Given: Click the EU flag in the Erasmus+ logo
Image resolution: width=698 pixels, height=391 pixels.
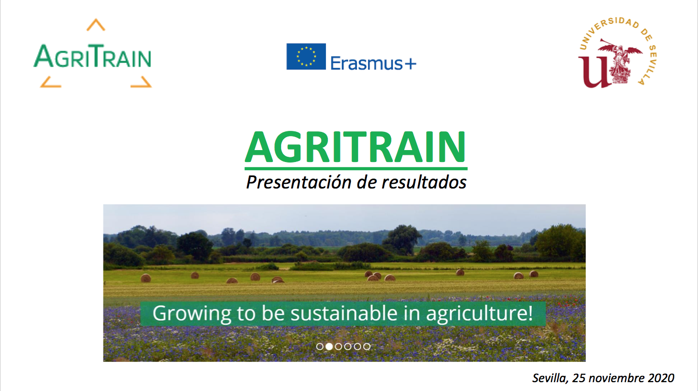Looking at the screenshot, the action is coord(306,57).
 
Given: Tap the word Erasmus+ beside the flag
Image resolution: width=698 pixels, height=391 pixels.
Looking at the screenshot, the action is coord(373,63).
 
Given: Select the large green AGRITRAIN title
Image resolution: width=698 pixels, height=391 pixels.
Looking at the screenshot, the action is coord(356,147).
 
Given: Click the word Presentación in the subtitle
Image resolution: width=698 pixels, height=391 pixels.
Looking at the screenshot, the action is coord(299,182).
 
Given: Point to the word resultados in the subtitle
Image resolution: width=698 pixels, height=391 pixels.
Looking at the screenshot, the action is coord(424,182).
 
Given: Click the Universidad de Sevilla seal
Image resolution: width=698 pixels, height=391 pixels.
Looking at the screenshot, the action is coord(617,53).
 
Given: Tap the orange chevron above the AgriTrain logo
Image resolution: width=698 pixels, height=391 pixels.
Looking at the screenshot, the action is coord(96,24).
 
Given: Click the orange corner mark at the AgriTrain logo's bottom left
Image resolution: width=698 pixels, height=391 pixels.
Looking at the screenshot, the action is coord(50,82).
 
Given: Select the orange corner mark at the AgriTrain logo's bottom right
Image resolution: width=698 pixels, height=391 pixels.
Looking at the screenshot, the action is coord(141,82).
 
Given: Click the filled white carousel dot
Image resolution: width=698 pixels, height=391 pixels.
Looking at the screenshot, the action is coord(329,346).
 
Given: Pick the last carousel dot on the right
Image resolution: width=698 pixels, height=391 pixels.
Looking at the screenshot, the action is coord(367,346).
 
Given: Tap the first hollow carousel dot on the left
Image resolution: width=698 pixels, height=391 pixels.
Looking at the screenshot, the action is coord(320,346).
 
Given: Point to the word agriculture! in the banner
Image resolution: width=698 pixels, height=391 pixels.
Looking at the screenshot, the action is coord(479,314).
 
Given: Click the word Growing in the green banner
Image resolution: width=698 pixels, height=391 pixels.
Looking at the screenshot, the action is coord(192,314).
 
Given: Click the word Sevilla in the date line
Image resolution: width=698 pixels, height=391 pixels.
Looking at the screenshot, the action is coord(550,378).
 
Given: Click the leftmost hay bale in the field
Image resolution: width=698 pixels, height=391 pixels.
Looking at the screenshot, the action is coord(146,278).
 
